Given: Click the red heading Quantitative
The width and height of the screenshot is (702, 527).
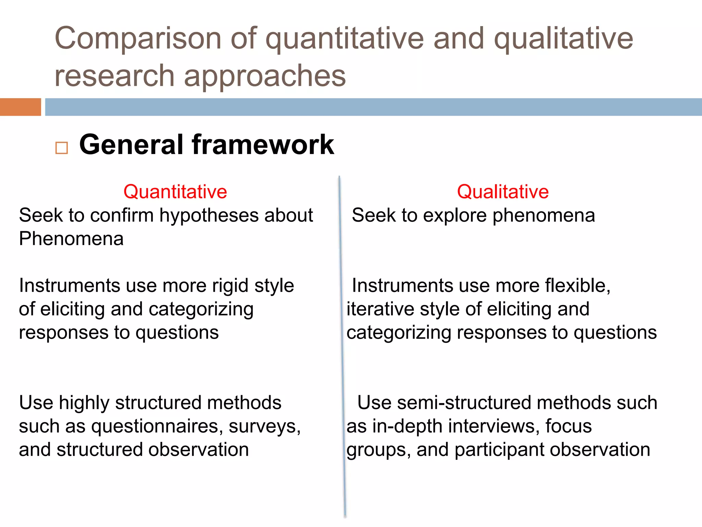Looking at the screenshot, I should tap(175, 191).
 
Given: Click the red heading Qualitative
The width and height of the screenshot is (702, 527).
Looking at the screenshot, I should tap(503, 191).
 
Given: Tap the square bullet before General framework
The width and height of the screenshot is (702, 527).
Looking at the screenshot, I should tap(62, 148).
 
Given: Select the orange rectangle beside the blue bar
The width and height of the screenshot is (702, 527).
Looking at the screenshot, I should tap(20, 107).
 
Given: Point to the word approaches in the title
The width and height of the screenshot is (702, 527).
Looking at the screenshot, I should tap(265, 75).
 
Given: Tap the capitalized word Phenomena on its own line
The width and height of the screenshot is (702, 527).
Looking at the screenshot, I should tap(71, 239).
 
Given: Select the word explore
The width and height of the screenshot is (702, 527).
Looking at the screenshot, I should tap(455, 216).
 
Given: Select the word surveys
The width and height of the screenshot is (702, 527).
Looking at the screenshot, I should tap(264, 426).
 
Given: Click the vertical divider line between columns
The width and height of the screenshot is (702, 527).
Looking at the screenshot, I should tap(342, 343).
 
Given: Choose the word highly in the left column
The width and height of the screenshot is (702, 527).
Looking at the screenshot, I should tap(84, 403).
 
